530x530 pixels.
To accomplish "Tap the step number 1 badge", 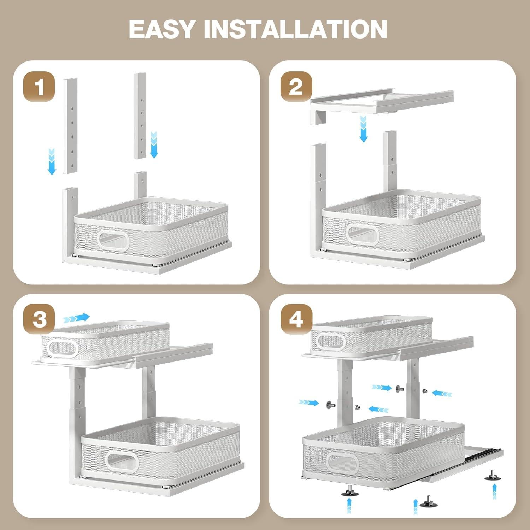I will (x=39, y=87).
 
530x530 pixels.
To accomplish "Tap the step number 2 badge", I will (x=296, y=87).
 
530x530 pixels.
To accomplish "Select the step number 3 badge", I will (x=39, y=320).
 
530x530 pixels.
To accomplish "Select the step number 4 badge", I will (x=296, y=320).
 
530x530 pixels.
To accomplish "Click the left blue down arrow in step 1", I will (x=52, y=161).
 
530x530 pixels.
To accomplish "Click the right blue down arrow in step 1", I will (x=154, y=145).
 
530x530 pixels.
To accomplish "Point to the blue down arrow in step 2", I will (x=363, y=129).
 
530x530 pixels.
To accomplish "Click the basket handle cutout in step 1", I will (x=114, y=240).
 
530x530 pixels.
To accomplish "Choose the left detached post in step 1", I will (x=70, y=126).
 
